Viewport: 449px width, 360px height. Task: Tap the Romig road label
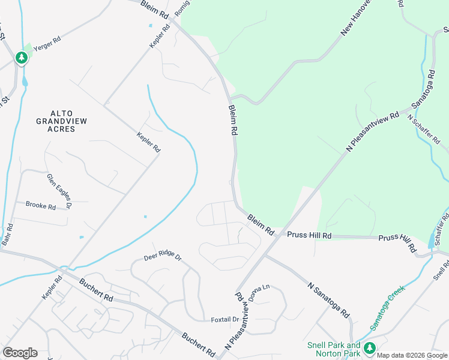(181, 8)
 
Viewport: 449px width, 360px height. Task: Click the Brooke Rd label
(40, 205)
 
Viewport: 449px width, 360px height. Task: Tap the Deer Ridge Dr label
(162, 257)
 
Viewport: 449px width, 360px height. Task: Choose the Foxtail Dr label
(225, 320)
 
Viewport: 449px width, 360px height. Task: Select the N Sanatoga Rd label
(328, 300)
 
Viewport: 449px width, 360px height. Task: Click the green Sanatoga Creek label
(387, 307)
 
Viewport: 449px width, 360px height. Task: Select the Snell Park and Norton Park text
(333, 349)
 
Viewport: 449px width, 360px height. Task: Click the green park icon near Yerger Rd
(22, 58)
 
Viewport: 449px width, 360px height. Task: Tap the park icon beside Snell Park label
(370, 347)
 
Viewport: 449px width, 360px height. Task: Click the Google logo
(20, 353)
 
